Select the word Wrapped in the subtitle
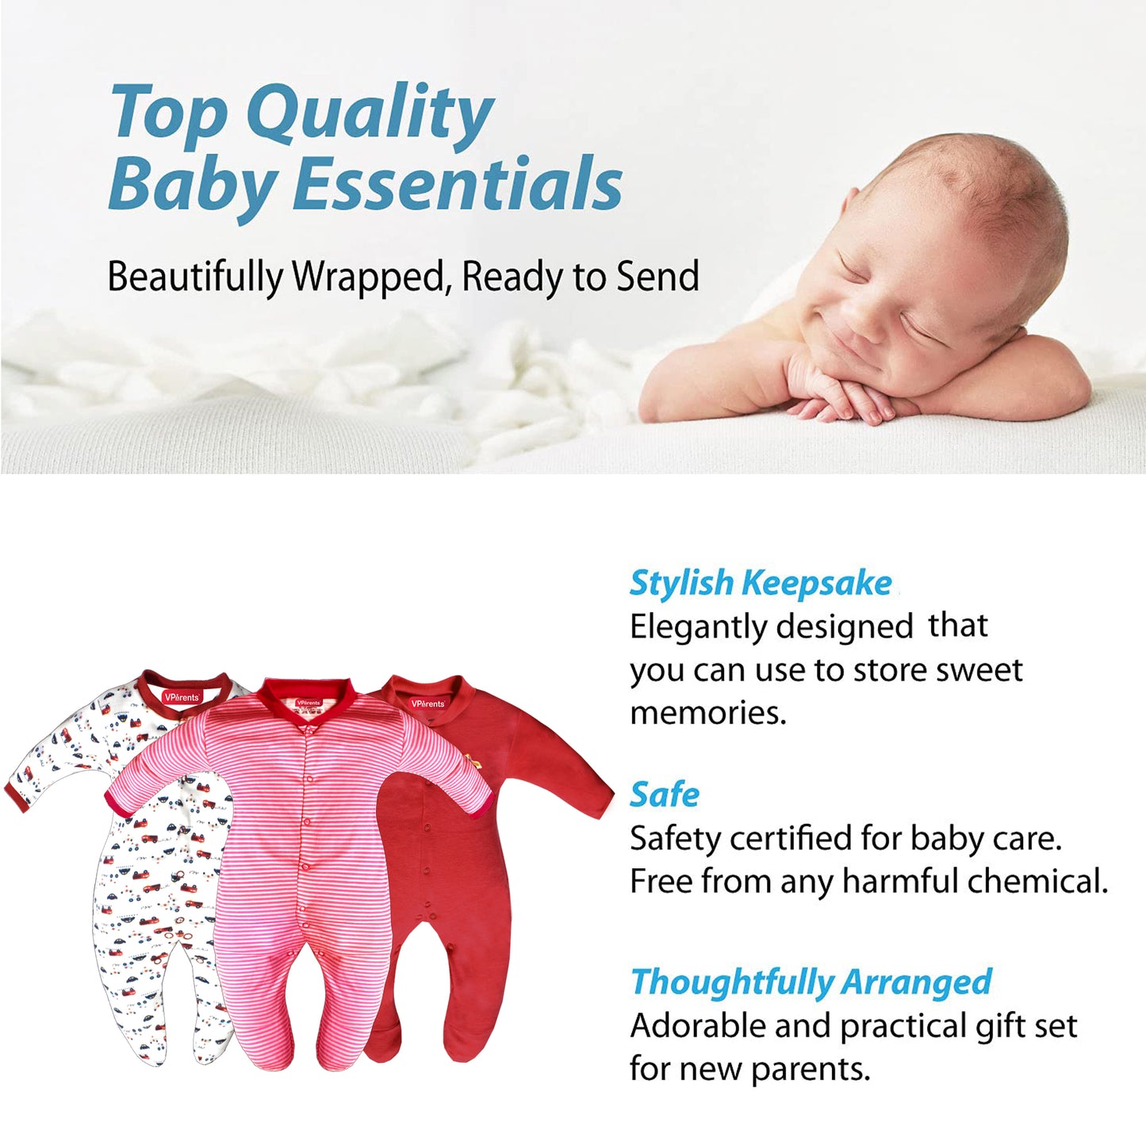pyautogui.click(x=369, y=278)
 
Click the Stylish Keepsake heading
pyautogui.click(x=761, y=584)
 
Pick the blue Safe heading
pyautogui.click(x=665, y=795)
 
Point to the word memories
pyautogui.click(x=707, y=713)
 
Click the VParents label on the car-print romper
pyautogui.click(x=182, y=696)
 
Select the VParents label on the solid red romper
pyautogui.click(x=427, y=703)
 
